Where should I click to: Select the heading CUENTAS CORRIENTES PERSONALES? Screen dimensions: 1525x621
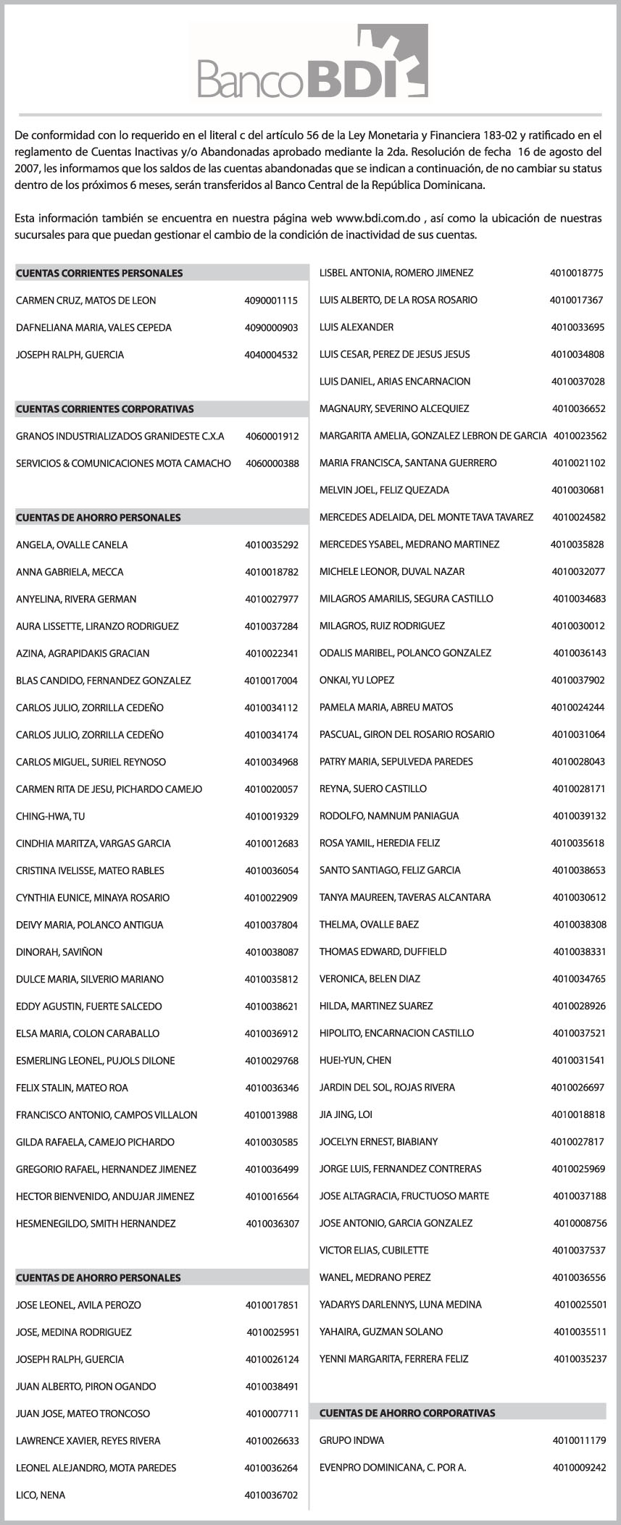coord(99,273)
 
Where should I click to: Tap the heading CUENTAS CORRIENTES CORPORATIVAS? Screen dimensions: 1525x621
coord(105,409)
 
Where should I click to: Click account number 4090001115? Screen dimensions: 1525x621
coord(271,301)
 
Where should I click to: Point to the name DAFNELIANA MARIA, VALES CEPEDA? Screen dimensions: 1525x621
coord(93,328)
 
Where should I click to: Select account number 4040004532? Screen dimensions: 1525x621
coord(271,355)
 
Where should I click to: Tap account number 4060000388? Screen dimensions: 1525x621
coord(272,463)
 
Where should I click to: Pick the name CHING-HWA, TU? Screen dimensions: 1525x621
coord(50,816)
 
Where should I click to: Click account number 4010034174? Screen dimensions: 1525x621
coord(271,735)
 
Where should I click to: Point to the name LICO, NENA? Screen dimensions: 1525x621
coord(41,1495)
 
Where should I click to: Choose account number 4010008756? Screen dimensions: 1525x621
coord(580,1223)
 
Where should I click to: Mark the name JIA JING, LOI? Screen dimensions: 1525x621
coord(346,1114)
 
